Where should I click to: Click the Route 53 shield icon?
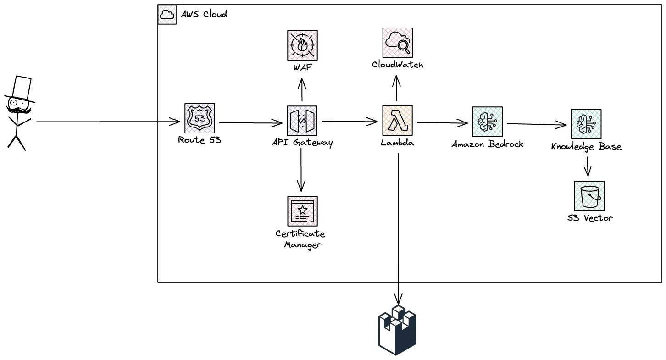pyautogui.click(x=200, y=118)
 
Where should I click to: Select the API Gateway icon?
pyautogui.click(x=302, y=121)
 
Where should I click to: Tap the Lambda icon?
pyautogui.click(x=397, y=121)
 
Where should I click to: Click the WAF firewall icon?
pyautogui.click(x=302, y=45)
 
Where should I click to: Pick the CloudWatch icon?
pyautogui.click(x=397, y=43)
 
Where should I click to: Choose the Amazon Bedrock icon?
pyautogui.click(x=487, y=122)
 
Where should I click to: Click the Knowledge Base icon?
pyautogui.click(x=586, y=124)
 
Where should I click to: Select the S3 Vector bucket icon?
pyautogui.click(x=589, y=196)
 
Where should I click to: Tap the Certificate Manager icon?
pyautogui.click(x=302, y=211)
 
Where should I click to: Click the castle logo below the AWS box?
pyautogui.click(x=397, y=330)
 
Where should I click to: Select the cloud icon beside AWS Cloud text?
pyautogui.click(x=167, y=15)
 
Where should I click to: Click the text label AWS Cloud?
pyautogui.click(x=203, y=14)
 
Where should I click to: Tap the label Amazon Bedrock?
pyautogui.click(x=487, y=144)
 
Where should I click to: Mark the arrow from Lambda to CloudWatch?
pyautogui.click(x=397, y=89)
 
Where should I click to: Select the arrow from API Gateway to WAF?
pyautogui.click(x=302, y=89)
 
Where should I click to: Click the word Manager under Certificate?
pyautogui.click(x=302, y=244)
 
